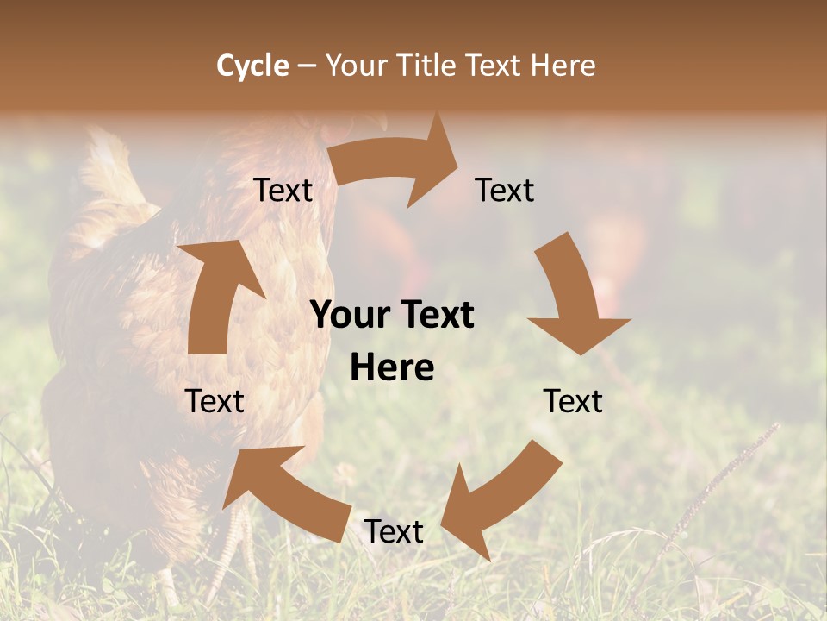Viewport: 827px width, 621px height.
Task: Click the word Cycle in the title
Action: pyautogui.click(x=252, y=66)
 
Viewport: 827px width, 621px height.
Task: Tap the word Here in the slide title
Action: pyautogui.click(x=562, y=66)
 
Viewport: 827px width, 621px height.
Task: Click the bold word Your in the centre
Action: pyautogui.click(x=350, y=315)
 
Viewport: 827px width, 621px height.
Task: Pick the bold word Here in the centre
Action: pyautogui.click(x=392, y=368)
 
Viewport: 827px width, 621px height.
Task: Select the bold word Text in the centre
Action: pyautogui.click(x=434, y=315)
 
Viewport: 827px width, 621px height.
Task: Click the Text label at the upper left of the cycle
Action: pyautogui.click(x=283, y=191)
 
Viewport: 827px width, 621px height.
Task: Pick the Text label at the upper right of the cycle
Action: pyautogui.click(x=505, y=191)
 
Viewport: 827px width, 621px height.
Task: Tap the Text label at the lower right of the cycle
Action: pyautogui.click(x=573, y=401)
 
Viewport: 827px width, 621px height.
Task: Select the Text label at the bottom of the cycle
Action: pyautogui.click(x=394, y=531)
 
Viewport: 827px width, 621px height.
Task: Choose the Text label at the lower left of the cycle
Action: pyautogui.click(x=215, y=401)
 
